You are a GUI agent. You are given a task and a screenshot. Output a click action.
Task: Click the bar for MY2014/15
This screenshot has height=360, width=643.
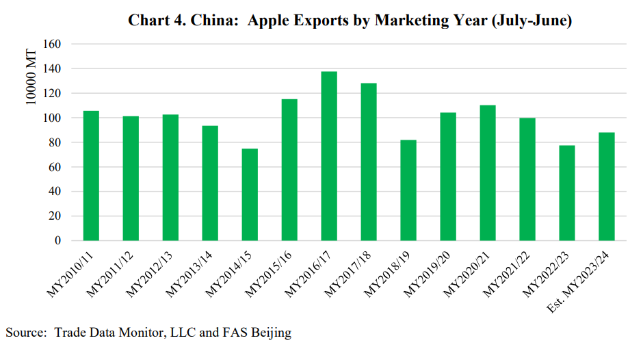[250, 194]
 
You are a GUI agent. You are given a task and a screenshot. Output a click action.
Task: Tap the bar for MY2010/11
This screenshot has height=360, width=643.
[91, 176]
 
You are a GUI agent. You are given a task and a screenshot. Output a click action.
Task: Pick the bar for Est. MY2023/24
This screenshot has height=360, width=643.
[607, 186]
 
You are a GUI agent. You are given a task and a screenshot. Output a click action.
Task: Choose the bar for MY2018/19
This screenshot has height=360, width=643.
[408, 190]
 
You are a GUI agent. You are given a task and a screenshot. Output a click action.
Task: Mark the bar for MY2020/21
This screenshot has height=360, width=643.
[488, 172]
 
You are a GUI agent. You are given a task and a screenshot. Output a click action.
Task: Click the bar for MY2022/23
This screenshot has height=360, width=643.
[567, 193]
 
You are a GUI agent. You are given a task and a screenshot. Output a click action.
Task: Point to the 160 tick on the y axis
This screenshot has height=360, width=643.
[53, 44]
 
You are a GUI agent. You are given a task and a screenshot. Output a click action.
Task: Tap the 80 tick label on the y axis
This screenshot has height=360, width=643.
[55, 142]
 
